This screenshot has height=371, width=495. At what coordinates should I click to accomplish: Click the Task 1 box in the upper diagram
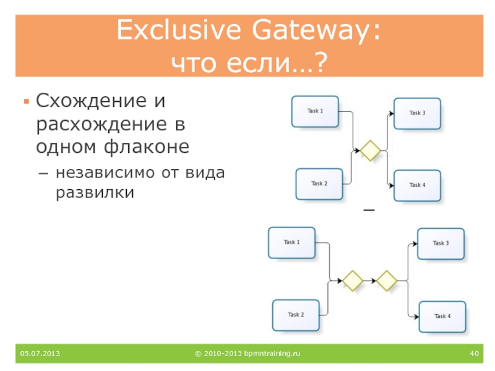point(315,111)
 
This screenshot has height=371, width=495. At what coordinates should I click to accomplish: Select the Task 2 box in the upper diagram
point(319,184)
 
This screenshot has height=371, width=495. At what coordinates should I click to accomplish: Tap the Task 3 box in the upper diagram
point(417,113)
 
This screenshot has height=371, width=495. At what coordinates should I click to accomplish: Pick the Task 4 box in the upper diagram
point(417,185)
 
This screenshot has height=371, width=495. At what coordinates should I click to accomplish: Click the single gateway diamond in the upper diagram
point(371,150)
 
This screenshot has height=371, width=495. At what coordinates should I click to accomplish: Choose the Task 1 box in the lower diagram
point(291,242)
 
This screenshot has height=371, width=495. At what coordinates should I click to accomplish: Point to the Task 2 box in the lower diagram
point(296,315)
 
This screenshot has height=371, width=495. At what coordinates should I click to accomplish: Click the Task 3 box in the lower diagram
point(441,244)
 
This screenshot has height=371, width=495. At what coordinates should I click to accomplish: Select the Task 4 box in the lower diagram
point(442,317)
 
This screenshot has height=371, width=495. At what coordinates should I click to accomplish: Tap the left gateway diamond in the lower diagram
point(353,280)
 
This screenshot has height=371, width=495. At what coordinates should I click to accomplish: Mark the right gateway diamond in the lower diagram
point(387,280)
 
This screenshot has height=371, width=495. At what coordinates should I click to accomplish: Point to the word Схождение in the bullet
point(84,100)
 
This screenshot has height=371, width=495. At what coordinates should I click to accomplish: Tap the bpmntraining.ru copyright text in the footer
point(247,354)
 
